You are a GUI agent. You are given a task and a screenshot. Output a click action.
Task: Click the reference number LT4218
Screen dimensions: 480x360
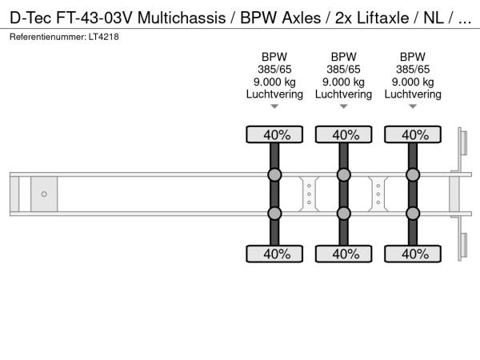pyautogui.click(x=104, y=37)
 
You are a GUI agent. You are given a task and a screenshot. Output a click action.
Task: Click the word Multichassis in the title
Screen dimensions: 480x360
pyautogui.click(x=182, y=18)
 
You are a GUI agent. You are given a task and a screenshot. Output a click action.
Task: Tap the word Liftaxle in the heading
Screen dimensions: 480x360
pyautogui.click(x=382, y=18)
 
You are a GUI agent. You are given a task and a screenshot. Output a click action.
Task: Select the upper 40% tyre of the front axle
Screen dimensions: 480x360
pyautogui.click(x=274, y=134)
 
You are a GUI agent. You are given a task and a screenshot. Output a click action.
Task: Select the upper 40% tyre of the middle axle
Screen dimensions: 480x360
pyautogui.click(x=344, y=134)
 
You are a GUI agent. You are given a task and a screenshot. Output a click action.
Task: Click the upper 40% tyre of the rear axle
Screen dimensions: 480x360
pyautogui.click(x=413, y=134)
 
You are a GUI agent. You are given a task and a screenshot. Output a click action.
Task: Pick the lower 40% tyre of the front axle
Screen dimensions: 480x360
pyautogui.click(x=274, y=254)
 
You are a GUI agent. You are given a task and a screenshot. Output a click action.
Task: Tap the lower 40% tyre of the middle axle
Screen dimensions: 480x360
pyautogui.click(x=344, y=254)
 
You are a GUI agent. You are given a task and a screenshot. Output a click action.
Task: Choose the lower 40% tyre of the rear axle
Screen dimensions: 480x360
pyautogui.click(x=413, y=254)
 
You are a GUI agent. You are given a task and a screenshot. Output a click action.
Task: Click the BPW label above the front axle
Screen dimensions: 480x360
pyautogui.click(x=274, y=57)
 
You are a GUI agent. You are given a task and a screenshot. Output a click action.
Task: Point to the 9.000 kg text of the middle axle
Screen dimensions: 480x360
pyautogui.click(x=343, y=82)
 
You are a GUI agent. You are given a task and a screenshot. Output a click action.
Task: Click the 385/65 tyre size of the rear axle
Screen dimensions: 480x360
pyautogui.click(x=413, y=70)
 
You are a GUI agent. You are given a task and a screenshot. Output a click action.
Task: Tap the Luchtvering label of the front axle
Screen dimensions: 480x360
pyautogui.click(x=274, y=94)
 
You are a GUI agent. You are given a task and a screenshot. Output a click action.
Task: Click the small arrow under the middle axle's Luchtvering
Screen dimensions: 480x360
pyautogui.click(x=344, y=106)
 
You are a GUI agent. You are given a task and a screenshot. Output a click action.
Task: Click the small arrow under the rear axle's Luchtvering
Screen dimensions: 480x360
pyautogui.click(x=413, y=106)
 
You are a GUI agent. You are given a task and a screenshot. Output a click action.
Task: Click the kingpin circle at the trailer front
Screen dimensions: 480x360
pyautogui.click(x=44, y=194)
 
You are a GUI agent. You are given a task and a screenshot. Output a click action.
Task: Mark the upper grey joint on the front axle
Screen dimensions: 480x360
pyautogui.click(x=274, y=174)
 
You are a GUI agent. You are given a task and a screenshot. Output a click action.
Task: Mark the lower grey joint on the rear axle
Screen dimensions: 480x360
pyautogui.click(x=413, y=214)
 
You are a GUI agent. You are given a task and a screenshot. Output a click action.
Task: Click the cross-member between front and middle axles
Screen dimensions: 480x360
pyautogui.click(x=309, y=194)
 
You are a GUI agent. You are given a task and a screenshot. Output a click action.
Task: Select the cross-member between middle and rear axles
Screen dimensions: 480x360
pyautogui.click(x=378, y=194)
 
